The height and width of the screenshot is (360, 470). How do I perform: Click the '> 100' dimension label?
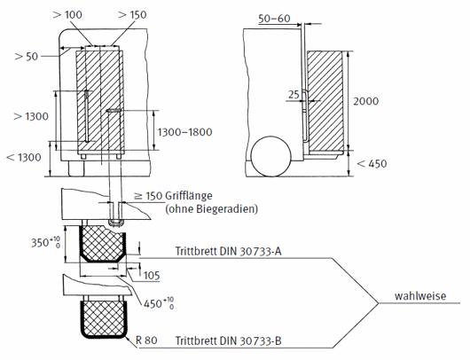pos(67,15)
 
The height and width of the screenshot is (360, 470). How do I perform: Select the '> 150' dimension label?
pos(132,15)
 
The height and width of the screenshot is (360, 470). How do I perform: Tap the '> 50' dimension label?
pos(27,57)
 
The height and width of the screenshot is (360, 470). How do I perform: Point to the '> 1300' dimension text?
pos(31,116)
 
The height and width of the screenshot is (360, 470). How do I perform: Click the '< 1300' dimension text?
pos(24,157)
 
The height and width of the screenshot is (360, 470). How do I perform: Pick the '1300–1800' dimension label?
pos(185,132)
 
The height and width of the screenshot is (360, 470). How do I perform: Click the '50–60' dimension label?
pos(274,19)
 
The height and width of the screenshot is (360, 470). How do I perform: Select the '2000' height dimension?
pos(365,101)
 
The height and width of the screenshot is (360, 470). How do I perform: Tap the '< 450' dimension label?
pos(372,164)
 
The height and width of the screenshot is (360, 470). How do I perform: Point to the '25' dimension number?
pos(294,94)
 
